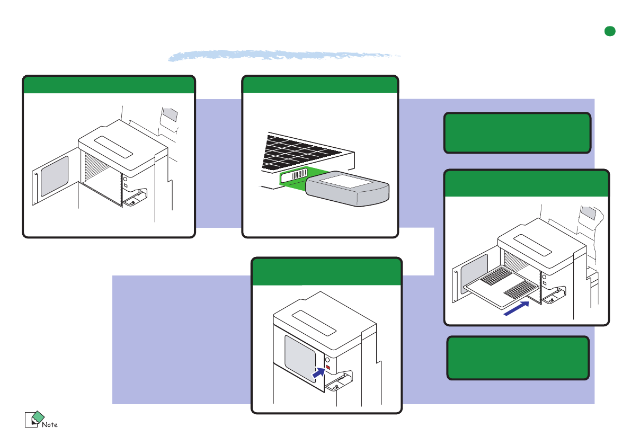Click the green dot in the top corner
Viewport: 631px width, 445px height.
tap(610, 31)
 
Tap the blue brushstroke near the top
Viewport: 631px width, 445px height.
tap(284, 55)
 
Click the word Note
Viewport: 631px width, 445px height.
tap(50, 424)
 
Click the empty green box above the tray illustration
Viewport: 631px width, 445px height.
tap(517, 132)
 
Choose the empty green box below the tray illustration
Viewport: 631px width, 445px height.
tap(518, 358)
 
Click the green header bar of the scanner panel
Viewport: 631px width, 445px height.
tap(320, 85)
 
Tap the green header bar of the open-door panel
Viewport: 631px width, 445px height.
tap(109, 85)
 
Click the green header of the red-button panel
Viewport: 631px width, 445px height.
tap(326, 272)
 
